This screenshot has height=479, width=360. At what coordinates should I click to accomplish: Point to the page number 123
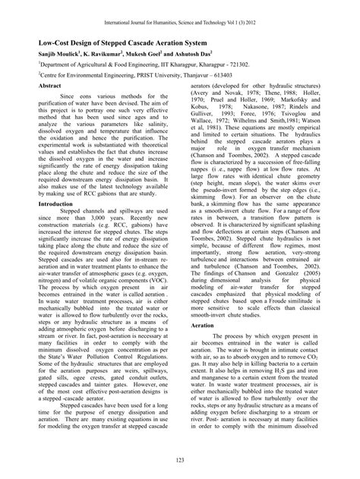point(179,462)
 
